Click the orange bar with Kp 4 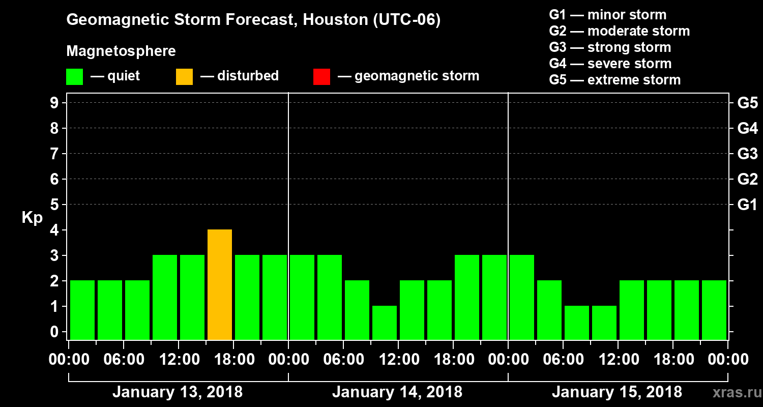point(220,284)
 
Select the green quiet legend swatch point(74,77)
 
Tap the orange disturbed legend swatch point(184,77)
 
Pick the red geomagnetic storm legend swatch point(321,77)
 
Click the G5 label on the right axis point(747,103)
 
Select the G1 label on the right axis point(747,205)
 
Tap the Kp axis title point(32,218)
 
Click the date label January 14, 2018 point(397,392)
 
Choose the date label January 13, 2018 point(178,392)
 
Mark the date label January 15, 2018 point(617,392)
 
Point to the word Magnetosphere point(121,51)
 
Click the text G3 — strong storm point(610,47)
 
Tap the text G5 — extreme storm point(614,80)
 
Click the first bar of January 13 point(82,310)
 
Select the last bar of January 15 point(714,310)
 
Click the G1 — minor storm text point(607,15)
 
